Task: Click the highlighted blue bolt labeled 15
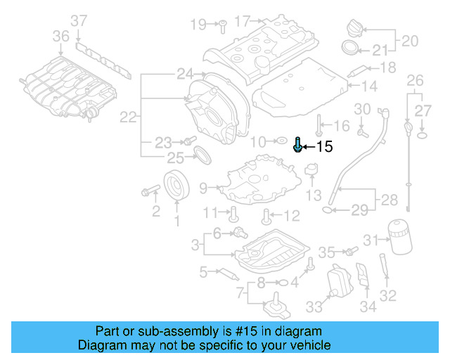(x=298, y=145)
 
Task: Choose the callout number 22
(x=128, y=118)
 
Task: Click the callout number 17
(x=242, y=21)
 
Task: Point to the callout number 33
(x=313, y=307)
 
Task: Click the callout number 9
(x=203, y=188)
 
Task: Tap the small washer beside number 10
(x=281, y=141)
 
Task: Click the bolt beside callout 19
(x=220, y=25)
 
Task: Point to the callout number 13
(x=313, y=195)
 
